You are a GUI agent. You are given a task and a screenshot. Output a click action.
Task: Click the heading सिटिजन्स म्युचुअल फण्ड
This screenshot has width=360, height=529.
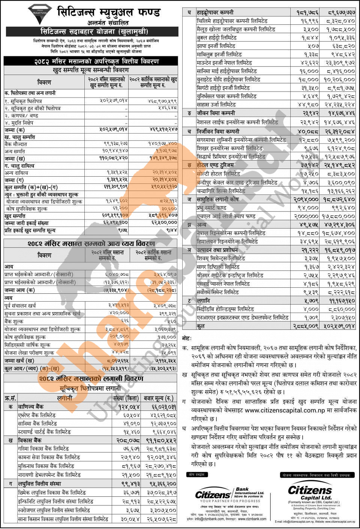pyautogui.click(x=109, y=12)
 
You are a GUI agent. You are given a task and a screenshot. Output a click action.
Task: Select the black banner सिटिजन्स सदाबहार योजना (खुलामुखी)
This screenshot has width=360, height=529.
pyautogui.click(x=94, y=31)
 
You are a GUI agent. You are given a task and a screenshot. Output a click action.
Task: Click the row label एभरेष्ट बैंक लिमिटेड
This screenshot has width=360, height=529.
pyautogui.click(x=37, y=415)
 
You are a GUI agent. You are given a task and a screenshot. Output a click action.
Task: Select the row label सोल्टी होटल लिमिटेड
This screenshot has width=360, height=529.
pyautogui.click(x=218, y=174)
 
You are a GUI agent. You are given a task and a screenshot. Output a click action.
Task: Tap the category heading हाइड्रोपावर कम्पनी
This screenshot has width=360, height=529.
pyautogui.click(x=216, y=12)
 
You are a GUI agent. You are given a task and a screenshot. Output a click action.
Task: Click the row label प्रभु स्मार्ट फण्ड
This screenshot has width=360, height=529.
pyautogui.click(x=211, y=207)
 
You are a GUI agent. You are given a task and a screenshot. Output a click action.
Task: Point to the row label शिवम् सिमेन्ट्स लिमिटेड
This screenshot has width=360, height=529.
pyautogui.click(x=221, y=258)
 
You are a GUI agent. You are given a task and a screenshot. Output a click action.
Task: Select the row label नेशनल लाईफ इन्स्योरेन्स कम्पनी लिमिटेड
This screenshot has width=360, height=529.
pyautogui.click(x=237, y=122)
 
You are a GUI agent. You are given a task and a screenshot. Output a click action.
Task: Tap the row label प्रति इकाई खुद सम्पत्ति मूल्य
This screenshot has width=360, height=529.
pyautogui.click(x=30, y=230)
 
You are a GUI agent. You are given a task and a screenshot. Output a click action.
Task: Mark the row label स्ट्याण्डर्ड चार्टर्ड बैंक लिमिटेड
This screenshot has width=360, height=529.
pyautogui.click(x=44, y=432)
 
